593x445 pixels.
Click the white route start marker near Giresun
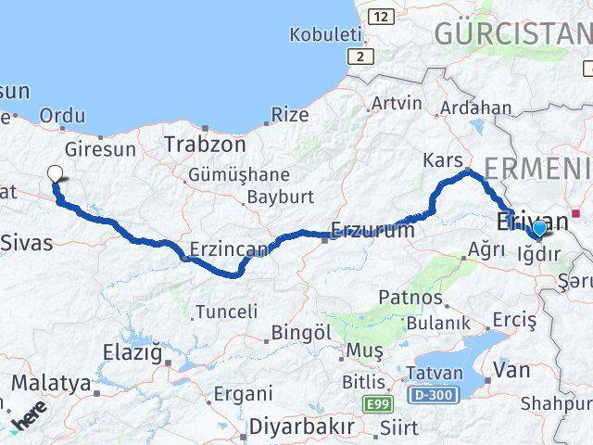pos(55,172)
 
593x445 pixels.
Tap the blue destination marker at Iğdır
pos(538,228)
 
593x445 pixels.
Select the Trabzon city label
pos(205,145)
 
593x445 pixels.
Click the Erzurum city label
pos(372,231)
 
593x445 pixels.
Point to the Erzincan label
pos(228,248)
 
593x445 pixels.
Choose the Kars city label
pos(442,161)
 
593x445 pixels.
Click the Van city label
pos(512,370)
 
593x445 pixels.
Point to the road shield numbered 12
pos(380,17)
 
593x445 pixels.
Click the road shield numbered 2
pos(360,57)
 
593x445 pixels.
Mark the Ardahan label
pos(477,108)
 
